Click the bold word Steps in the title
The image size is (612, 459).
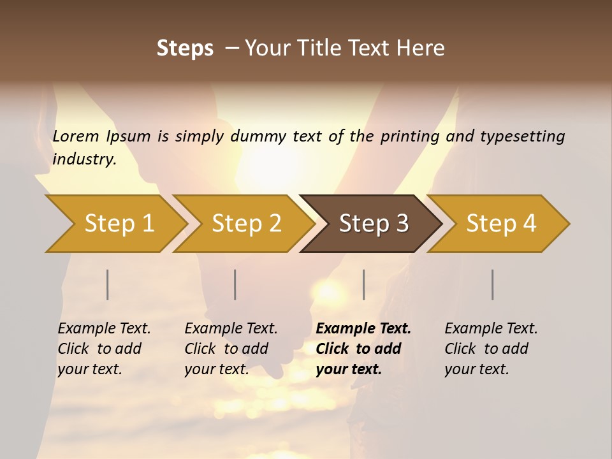pyautogui.click(x=185, y=48)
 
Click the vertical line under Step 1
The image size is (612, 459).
pyautogui.click(x=108, y=284)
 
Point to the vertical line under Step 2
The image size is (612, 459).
pyautogui.click(x=235, y=284)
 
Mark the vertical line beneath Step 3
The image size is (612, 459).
pyautogui.click(x=364, y=284)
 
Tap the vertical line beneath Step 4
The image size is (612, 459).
pyautogui.click(x=493, y=284)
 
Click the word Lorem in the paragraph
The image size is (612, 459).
pyautogui.click(x=76, y=136)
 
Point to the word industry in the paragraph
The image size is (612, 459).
pyautogui.click(x=84, y=159)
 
